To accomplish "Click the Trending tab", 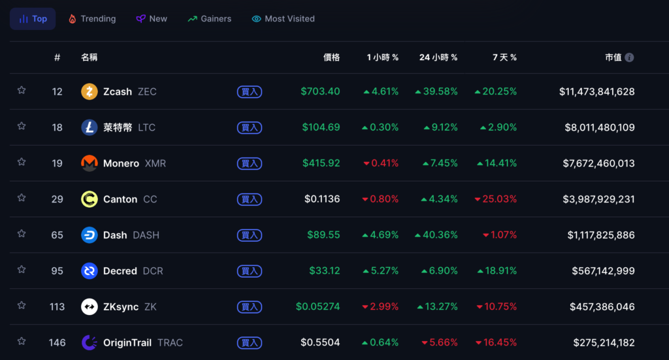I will tap(92, 19).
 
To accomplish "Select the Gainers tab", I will tap(209, 19).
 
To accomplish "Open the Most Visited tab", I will tap(283, 19).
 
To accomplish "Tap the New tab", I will tap(152, 19).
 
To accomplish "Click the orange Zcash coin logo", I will tap(90, 91).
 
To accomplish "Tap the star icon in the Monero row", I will tap(22, 162).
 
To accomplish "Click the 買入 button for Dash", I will tap(250, 235).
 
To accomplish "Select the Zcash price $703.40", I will tap(320, 91).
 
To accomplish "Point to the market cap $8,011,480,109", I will tap(600, 127).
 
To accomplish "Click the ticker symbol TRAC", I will tap(170, 343).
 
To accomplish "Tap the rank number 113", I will tap(57, 307).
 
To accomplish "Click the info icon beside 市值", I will tap(629, 57).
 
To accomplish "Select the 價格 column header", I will tap(331, 57).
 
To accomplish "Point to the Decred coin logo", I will tap(90, 271).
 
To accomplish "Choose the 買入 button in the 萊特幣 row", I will tap(250, 127).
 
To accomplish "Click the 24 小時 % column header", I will tap(438, 57).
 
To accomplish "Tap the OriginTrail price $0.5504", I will tap(320, 343).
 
